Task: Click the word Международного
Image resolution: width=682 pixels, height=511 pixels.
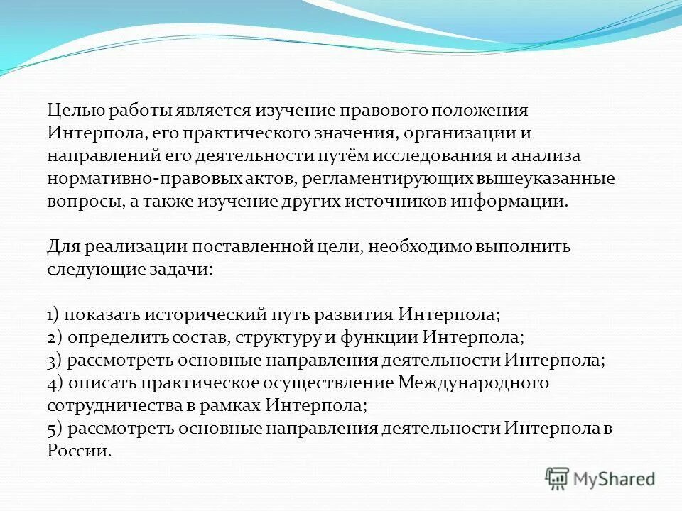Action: (474, 383)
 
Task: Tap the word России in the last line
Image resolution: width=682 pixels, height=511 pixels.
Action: (78, 451)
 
